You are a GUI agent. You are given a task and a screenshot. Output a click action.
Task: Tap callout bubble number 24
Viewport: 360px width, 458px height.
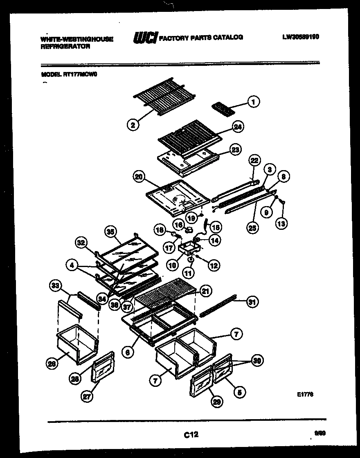point(237,127)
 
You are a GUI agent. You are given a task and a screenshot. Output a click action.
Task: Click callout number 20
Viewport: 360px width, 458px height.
point(139,177)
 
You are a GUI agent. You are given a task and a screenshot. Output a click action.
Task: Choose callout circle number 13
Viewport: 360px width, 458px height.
point(282,223)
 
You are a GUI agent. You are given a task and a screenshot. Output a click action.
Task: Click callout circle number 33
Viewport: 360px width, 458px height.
point(54,285)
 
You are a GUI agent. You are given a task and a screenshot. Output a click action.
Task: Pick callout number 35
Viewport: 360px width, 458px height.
point(110,231)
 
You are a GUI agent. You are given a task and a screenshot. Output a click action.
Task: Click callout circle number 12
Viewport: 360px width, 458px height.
point(213,266)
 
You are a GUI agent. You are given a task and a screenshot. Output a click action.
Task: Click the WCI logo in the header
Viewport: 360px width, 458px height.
point(145,38)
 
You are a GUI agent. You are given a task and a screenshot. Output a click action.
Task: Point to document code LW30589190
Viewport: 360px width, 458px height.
point(300,37)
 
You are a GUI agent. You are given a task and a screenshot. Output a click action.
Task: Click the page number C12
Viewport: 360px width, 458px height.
point(191,435)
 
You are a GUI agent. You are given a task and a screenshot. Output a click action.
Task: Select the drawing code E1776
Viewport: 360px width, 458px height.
point(305,395)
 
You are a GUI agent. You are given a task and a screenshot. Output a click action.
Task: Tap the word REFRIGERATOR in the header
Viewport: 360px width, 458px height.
point(65,47)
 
